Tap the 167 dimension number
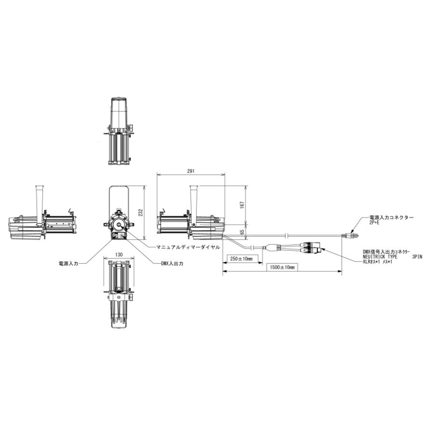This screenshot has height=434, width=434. pos(242,204)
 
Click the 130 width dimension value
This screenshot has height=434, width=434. pos(118,255)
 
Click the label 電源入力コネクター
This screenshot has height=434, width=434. pos(391,218)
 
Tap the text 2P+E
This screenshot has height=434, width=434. pos(375,223)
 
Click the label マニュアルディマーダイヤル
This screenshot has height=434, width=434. pos(188,247)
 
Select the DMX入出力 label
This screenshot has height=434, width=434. pos(172,264)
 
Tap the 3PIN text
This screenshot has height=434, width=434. pos(417,257)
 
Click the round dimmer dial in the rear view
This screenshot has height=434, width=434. pos(119,225)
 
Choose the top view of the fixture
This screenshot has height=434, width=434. pos(119,131)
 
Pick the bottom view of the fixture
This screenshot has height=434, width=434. pos(119,295)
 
